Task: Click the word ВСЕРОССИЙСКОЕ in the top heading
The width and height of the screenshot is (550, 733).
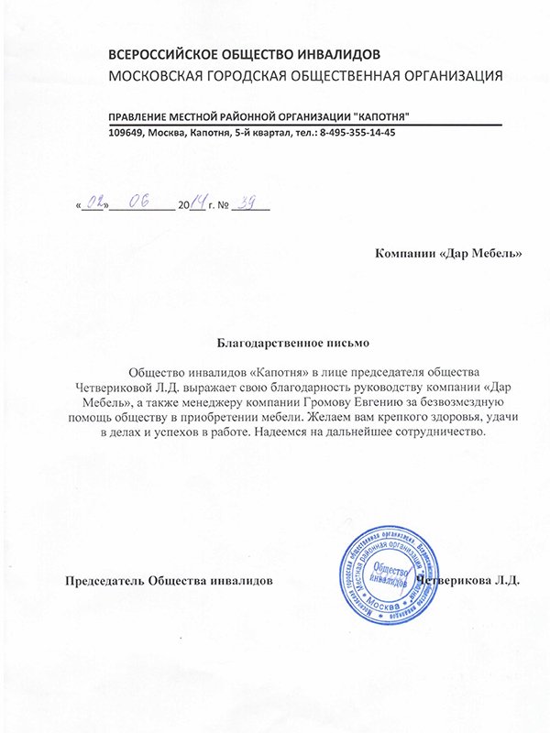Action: pos(163,56)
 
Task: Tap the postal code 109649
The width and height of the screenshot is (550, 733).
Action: pos(126,133)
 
